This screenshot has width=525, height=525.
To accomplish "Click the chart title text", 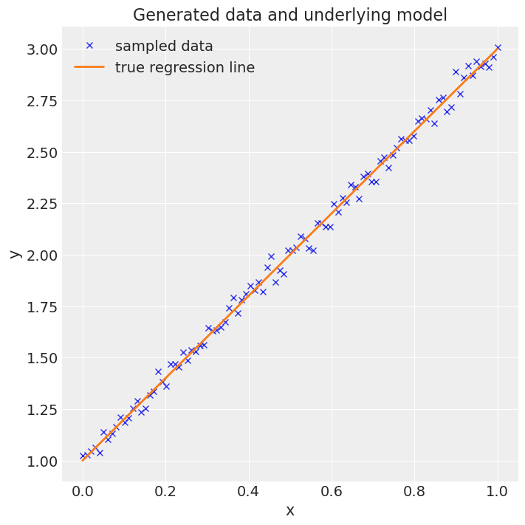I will tap(289, 15).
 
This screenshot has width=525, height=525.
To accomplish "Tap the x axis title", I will tap(289, 510).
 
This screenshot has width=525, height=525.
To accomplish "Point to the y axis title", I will tap(14, 254).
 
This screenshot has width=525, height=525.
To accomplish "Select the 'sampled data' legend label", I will tap(164, 47).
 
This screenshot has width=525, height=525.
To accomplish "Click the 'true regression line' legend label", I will tap(185, 68).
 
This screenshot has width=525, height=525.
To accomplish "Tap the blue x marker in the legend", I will tap(89, 46).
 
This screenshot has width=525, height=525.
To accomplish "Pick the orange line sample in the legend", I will tap(89, 68).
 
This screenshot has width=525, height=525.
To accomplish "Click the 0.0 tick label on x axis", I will tap(83, 491).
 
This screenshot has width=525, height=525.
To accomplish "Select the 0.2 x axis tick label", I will tap(166, 491).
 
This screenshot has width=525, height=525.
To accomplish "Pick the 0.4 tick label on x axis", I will tap(249, 491).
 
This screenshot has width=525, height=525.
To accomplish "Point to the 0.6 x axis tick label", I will tap(332, 491).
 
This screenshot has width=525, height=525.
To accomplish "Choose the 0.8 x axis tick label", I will tap(414, 491).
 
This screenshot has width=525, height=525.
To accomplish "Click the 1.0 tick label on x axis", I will tap(497, 491).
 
